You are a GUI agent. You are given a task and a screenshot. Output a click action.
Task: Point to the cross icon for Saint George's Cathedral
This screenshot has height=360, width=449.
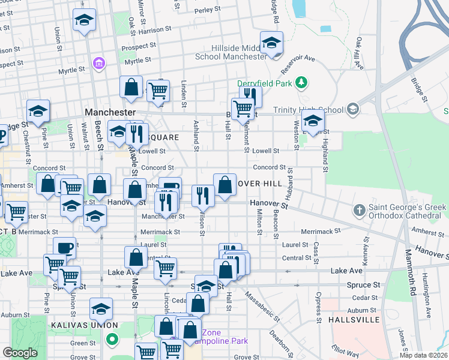(x=359, y=210)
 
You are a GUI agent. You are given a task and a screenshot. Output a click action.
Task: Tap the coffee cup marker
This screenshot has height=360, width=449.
(x=64, y=247)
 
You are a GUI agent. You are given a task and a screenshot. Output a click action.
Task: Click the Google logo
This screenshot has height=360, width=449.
(x=20, y=353)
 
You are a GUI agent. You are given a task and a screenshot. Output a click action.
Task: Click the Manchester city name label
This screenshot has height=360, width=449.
(x=110, y=112)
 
